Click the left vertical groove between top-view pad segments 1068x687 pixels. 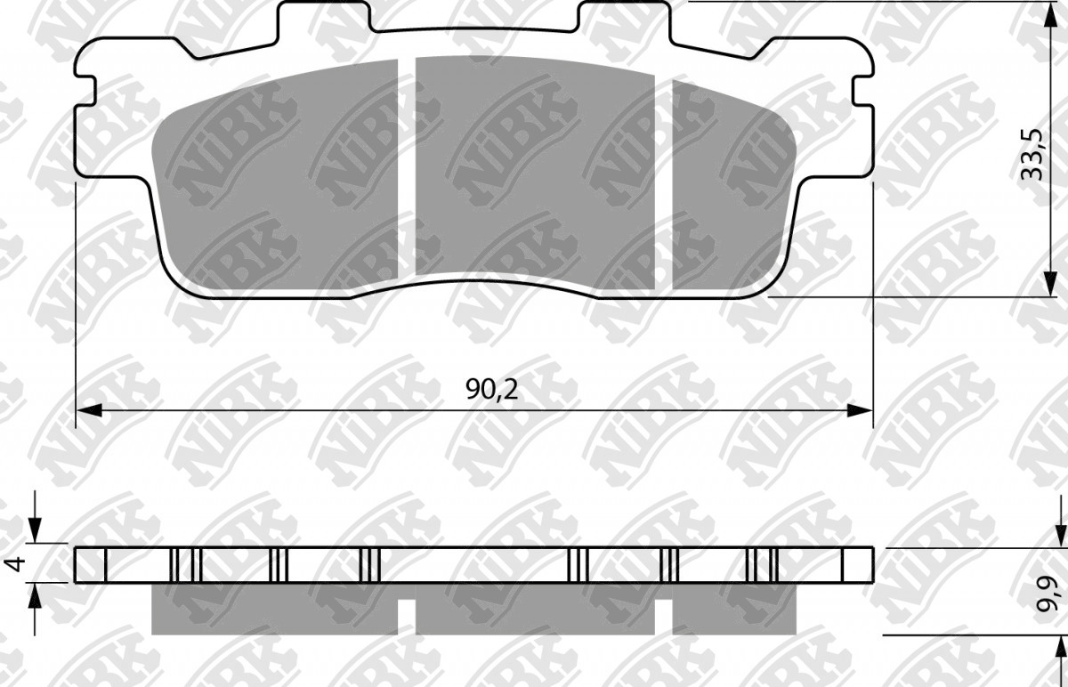[x=408, y=169]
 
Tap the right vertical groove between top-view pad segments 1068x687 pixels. [x=663, y=178]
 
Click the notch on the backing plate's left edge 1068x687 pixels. [x=85, y=89]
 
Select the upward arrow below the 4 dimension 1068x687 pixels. [x=35, y=603]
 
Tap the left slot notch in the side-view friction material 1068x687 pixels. [x=406, y=610]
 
